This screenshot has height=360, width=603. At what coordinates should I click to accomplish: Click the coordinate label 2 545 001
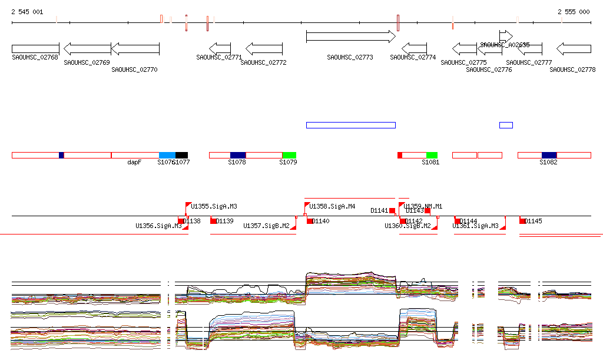[26, 12]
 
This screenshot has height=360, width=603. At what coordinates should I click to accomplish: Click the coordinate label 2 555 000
[574, 12]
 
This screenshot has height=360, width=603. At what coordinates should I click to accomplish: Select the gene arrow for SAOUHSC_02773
[350, 37]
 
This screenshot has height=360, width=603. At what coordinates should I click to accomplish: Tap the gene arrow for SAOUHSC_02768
[35, 48]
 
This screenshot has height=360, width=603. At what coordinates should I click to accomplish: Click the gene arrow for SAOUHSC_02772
[264, 48]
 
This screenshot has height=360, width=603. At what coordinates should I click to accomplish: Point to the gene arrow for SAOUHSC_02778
[574, 48]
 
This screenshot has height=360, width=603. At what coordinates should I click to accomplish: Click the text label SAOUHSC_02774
[413, 58]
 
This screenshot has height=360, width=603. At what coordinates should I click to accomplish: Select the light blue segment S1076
[167, 155]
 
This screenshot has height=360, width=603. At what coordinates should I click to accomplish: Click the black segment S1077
[181, 155]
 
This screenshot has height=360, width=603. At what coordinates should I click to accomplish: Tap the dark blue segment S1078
[238, 155]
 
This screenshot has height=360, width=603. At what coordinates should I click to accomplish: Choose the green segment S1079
[289, 155]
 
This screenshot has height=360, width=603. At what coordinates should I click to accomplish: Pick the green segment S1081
[432, 155]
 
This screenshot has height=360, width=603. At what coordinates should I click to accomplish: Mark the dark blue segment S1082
[549, 155]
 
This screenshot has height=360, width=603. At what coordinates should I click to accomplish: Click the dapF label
[134, 162]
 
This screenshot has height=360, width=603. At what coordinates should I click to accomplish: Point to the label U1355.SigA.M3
[214, 207]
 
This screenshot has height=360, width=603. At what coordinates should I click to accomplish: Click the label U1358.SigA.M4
[332, 207]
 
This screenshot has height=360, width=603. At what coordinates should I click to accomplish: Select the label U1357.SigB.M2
[266, 226]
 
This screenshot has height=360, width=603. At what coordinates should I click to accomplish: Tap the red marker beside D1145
[522, 221]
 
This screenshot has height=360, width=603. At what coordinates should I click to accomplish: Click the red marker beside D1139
[214, 221]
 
